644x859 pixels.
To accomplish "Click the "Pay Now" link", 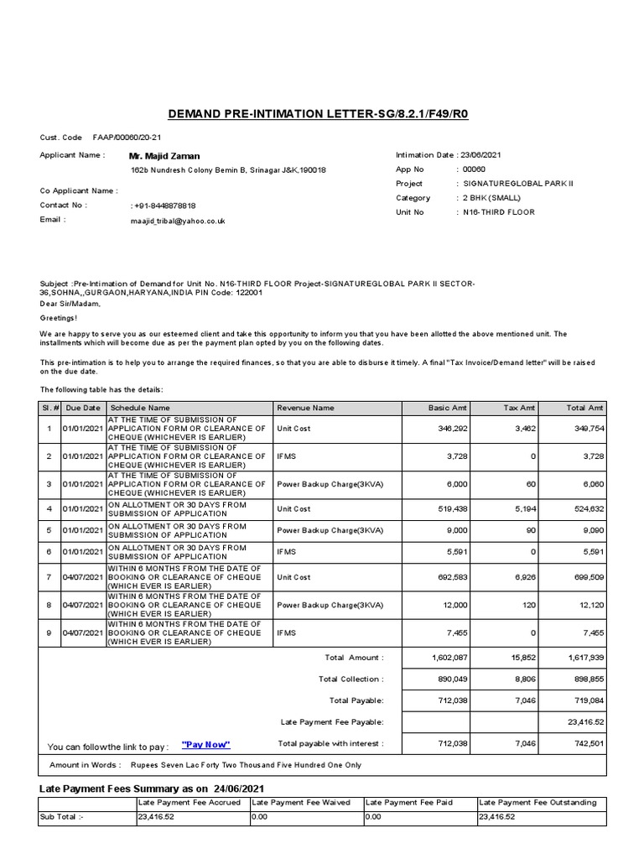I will [205, 745].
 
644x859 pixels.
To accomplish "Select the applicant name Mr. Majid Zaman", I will [164, 156].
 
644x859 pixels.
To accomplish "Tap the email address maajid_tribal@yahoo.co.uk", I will [178, 221].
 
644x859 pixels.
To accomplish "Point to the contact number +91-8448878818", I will [164, 206].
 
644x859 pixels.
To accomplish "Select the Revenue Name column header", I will [305, 408].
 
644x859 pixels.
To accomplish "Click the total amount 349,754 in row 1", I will [586, 428].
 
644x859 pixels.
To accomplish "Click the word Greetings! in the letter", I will [59, 319].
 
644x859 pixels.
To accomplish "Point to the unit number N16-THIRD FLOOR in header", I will [499, 212].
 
